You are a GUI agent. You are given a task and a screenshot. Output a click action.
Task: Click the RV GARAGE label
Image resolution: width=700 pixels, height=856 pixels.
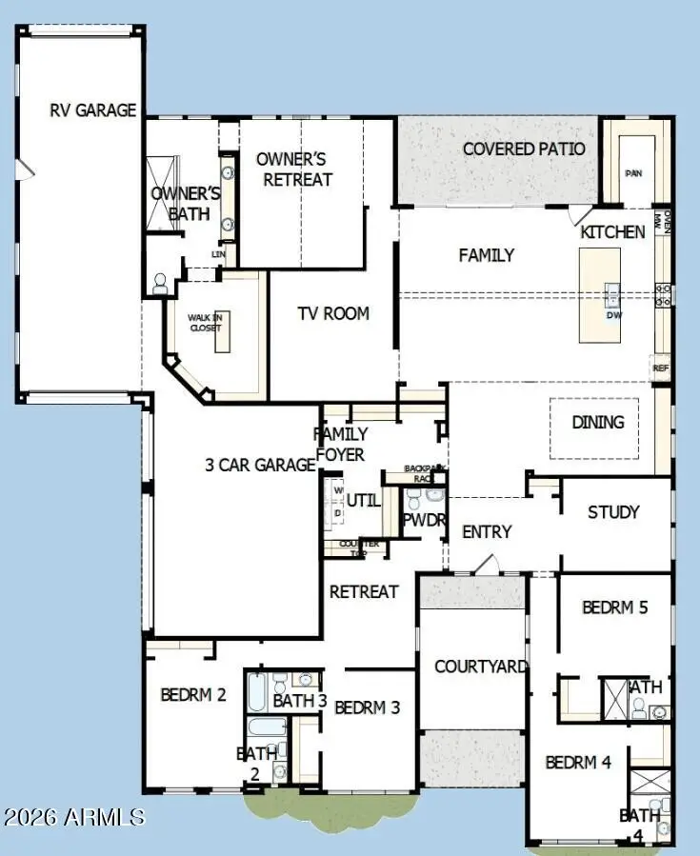[x=92, y=109]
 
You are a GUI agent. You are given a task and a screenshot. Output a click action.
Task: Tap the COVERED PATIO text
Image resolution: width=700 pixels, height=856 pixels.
[x=524, y=149]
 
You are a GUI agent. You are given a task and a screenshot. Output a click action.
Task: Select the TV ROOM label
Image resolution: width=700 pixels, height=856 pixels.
[x=332, y=313]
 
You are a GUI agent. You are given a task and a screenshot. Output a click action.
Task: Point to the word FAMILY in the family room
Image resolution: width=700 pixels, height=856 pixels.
[x=486, y=254]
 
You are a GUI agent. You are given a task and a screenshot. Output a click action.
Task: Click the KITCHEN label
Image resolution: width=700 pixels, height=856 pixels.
[x=612, y=231]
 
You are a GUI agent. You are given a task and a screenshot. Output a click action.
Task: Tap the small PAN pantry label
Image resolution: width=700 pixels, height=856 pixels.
[x=633, y=173]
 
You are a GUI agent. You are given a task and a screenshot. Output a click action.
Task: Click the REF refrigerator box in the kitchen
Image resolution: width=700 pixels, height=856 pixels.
[x=660, y=368]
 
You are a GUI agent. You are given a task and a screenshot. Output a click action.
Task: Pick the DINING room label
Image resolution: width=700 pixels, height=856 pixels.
[x=597, y=422]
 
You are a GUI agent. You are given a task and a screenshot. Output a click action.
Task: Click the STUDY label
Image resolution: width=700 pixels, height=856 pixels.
[x=612, y=511]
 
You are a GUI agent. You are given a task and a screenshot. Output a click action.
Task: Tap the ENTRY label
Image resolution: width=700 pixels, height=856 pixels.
[x=487, y=531]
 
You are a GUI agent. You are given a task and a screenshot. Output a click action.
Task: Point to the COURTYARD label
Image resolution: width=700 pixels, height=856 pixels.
[x=480, y=666]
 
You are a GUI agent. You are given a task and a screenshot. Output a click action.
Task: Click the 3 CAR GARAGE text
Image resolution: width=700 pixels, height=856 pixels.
[x=260, y=465]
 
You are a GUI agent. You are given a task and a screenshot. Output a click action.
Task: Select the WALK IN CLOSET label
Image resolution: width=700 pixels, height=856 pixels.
[x=204, y=322]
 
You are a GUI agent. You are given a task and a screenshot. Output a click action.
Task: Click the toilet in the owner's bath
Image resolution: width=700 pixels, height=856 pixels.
[x=160, y=283]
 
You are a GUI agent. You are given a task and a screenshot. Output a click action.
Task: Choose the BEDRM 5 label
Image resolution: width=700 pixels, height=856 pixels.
[x=614, y=607]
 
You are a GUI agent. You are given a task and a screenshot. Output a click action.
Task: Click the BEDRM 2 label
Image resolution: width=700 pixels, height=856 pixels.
[x=192, y=694]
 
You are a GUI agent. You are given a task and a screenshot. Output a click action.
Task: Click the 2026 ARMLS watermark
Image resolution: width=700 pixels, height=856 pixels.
[x=73, y=817]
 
